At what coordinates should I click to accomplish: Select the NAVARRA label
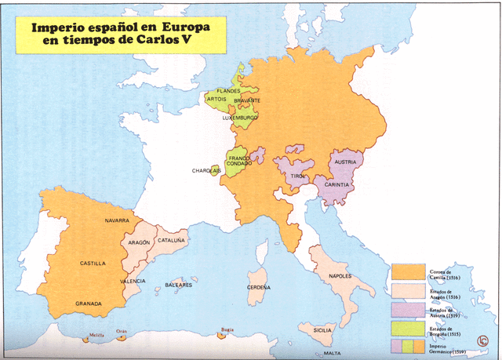117,221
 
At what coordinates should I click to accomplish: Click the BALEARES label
178,285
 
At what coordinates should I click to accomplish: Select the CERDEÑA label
259,287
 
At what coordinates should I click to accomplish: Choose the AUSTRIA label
346,162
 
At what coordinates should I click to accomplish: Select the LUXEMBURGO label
240,118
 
